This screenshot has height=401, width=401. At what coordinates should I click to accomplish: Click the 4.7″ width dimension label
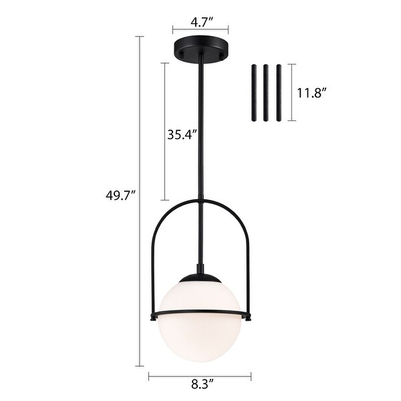[200, 21]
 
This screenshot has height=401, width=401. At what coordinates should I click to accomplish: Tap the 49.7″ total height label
[121, 195]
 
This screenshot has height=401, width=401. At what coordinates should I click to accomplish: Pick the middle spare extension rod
[265, 92]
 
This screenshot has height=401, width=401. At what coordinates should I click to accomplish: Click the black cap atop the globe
[200, 277]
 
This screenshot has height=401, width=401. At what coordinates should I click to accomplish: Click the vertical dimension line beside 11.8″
[291, 93]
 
